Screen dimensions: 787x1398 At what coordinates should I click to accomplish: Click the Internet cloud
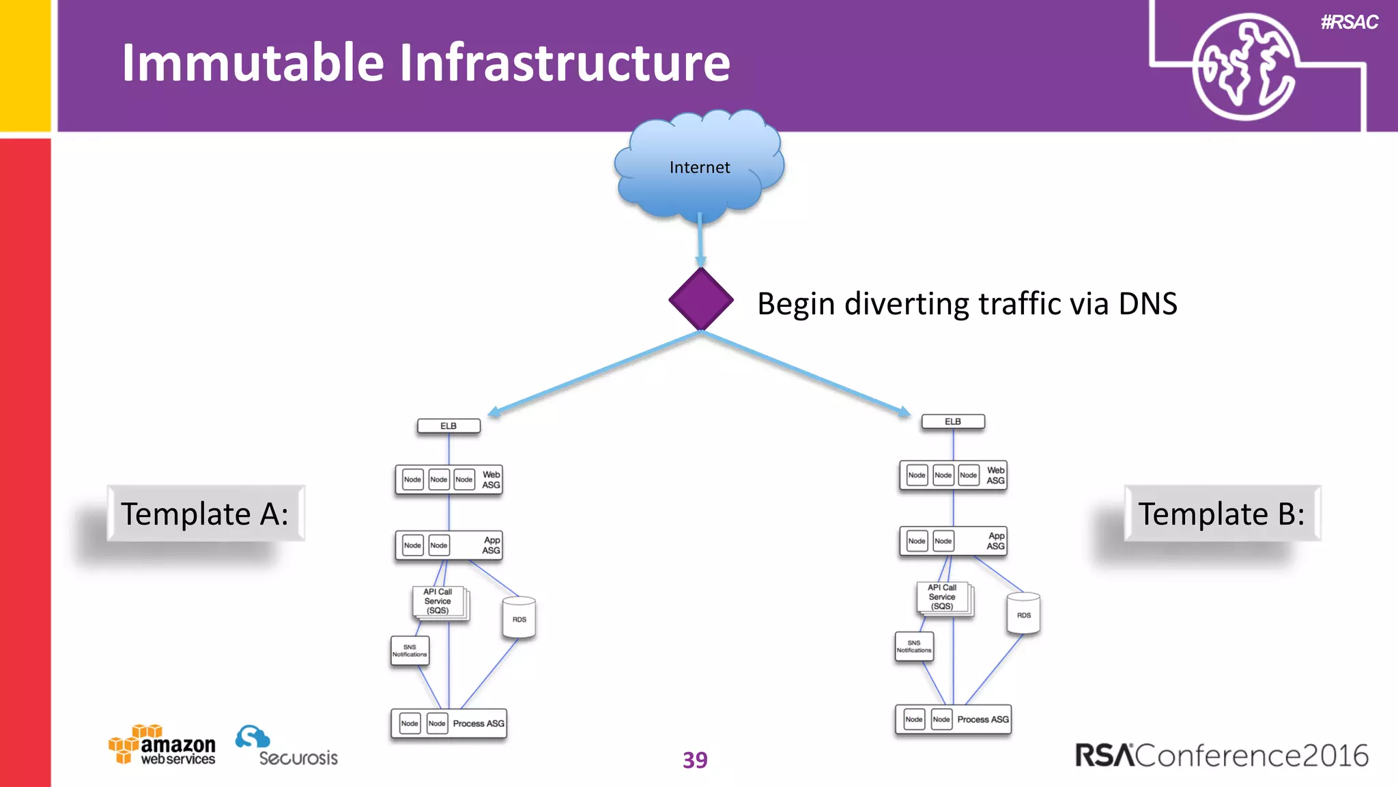point(699,167)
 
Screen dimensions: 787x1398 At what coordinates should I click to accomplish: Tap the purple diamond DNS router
point(701,299)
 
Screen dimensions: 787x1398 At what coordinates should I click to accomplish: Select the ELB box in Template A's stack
point(448,426)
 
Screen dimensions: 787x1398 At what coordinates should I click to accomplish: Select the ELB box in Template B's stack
point(953,422)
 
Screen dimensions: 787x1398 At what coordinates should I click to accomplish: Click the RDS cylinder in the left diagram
point(519,618)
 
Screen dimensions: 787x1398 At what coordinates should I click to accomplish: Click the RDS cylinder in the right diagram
point(1023,613)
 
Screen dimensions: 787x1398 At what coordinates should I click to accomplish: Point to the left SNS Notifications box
point(410,650)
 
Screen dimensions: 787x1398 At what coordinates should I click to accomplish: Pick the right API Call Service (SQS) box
point(943,597)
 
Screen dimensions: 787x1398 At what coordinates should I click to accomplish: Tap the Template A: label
point(205,514)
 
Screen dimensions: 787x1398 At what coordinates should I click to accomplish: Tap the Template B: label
point(1222,514)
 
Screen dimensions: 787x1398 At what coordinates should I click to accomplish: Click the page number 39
point(695,760)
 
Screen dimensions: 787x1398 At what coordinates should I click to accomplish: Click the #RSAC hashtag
point(1350,23)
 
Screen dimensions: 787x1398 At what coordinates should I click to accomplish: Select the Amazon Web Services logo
point(162,745)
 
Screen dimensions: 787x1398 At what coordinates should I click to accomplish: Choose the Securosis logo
point(287,747)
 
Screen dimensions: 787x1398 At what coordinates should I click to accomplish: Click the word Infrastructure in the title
point(564,63)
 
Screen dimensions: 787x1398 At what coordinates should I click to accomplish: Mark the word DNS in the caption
point(1147,303)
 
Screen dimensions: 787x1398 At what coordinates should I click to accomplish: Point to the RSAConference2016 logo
point(1222,756)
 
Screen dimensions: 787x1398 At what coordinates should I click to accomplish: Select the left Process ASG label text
point(479,723)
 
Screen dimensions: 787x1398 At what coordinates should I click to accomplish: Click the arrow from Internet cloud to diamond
point(700,239)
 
